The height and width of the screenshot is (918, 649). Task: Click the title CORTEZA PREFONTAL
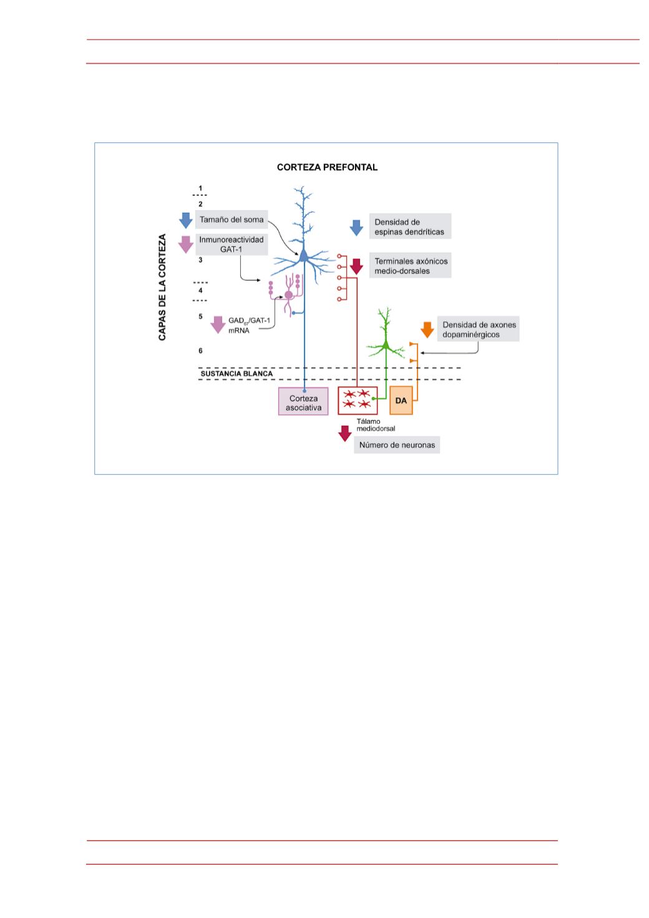point(327,167)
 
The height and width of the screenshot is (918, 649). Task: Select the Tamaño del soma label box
point(232,220)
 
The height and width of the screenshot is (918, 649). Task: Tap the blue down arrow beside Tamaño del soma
point(186,220)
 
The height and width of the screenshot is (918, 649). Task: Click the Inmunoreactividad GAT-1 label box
point(232,244)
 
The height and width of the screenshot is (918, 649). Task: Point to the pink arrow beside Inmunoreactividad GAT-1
point(186,245)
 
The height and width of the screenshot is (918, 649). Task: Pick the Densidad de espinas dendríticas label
point(410,226)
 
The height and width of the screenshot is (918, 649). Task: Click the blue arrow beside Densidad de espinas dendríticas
point(356,228)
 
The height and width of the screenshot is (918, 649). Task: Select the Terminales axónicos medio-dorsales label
point(410,265)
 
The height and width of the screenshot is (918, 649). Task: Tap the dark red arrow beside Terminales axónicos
point(356,267)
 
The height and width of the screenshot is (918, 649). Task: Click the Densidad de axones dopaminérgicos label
point(478,329)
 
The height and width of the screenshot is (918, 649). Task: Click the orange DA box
point(401,401)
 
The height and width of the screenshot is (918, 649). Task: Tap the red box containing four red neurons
point(358,401)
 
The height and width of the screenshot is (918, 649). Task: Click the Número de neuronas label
point(397,445)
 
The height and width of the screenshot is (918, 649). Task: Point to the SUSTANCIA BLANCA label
point(237,374)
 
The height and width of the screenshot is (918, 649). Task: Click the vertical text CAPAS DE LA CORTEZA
point(162,287)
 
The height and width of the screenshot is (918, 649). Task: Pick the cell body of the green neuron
point(386,346)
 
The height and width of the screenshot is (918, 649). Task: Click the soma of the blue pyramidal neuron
point(304,256)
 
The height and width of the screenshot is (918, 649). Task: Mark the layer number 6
point(200,350)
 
